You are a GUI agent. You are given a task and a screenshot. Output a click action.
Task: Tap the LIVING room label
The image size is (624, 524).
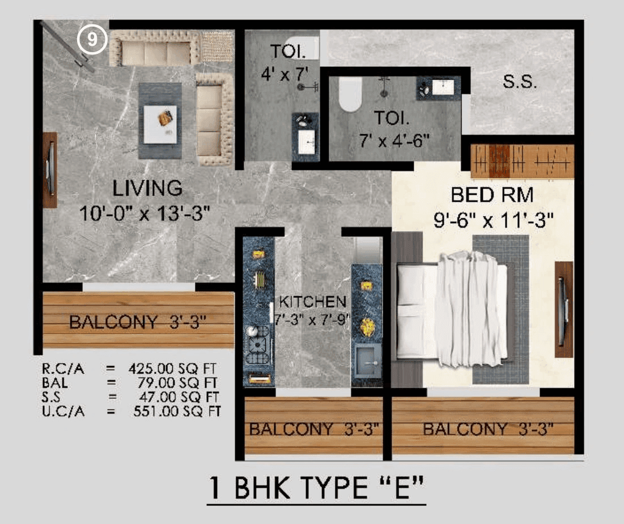[147, 188]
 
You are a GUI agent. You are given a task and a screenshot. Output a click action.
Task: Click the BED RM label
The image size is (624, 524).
[492, 195]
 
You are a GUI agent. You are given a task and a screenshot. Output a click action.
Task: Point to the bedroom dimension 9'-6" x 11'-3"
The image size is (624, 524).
[493, 221]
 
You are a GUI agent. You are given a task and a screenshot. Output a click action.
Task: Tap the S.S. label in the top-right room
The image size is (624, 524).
[519, 82]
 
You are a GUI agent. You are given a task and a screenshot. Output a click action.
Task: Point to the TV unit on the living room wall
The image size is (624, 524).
[50, 169]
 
